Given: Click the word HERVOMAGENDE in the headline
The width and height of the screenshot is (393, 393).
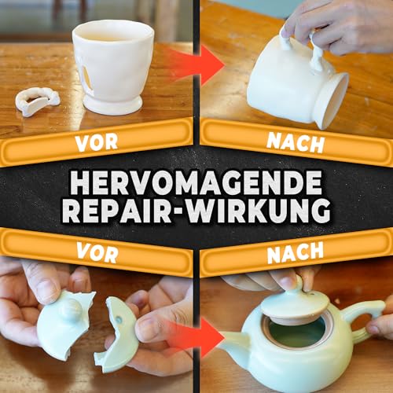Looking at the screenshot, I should pos(195,182).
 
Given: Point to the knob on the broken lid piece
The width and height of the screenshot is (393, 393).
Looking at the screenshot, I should pos(72,309).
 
